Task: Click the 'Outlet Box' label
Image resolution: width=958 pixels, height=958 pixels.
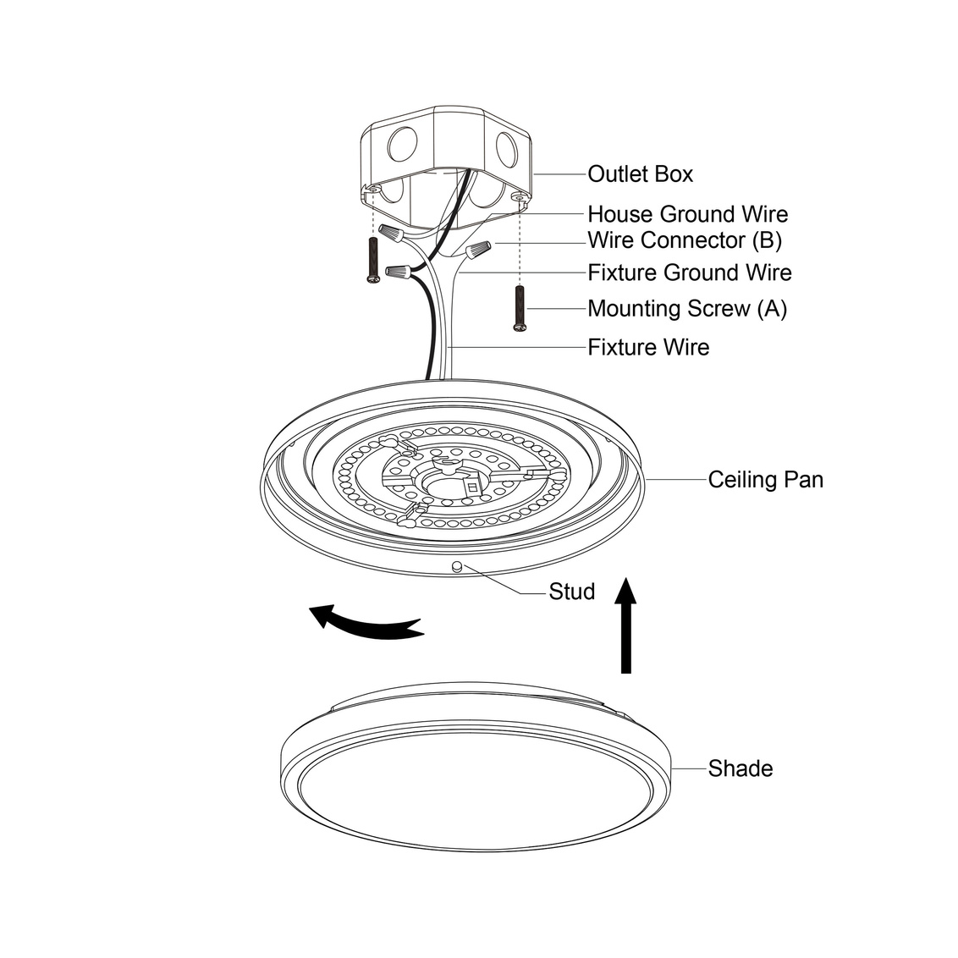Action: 641,174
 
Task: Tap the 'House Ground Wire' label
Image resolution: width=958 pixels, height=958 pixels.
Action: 688,214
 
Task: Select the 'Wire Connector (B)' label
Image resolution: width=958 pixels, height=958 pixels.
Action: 685,240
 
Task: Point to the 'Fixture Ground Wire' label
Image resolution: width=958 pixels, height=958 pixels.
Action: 690,273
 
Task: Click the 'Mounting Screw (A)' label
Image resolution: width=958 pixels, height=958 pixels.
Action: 687,309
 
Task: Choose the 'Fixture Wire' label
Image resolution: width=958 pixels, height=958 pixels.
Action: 649,347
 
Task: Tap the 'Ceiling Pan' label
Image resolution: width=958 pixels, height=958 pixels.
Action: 766,480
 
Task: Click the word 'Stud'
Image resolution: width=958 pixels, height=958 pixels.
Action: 572,592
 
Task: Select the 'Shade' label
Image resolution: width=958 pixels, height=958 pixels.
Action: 741,768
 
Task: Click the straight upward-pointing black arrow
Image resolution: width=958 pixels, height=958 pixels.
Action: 625,625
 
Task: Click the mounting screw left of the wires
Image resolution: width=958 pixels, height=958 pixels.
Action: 373,260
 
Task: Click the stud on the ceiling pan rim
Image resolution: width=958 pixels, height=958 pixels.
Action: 456,566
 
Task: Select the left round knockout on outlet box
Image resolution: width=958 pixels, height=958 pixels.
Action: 402,144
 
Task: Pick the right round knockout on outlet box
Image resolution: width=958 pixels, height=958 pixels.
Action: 506,149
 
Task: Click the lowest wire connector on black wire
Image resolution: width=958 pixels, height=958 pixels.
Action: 397,270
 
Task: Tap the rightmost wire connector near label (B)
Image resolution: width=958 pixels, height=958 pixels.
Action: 478,250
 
